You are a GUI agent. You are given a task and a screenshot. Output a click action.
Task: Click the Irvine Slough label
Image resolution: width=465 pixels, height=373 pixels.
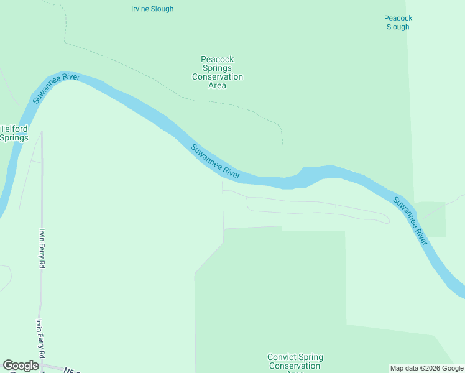152,9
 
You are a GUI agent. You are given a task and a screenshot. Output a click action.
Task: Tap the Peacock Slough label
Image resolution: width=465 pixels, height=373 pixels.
398,22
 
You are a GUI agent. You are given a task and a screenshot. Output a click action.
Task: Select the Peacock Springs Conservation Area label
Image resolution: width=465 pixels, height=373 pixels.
217,73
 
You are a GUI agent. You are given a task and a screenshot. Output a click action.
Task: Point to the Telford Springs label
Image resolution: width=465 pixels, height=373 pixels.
14,133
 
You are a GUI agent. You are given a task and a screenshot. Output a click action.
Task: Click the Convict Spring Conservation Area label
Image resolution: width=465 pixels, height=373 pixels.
295,362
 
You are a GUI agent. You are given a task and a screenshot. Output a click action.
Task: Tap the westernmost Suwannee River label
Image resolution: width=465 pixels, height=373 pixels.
57,88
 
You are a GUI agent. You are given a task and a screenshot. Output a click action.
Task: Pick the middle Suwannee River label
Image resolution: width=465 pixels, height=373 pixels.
215,162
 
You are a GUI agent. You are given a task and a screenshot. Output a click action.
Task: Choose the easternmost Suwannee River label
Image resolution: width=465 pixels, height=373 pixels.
410,221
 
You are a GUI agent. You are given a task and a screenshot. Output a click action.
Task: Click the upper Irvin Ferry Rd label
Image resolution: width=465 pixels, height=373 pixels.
42,248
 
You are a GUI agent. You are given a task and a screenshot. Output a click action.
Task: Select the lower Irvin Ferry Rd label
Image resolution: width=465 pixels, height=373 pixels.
41,338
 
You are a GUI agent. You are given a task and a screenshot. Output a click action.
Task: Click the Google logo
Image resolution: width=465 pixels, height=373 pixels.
21,366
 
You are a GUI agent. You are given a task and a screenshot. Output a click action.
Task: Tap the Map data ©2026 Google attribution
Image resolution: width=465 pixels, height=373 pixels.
426,368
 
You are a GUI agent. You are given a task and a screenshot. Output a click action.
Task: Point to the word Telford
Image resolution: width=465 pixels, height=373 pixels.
14,129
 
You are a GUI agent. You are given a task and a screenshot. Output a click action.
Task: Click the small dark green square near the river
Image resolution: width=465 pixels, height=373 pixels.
430,219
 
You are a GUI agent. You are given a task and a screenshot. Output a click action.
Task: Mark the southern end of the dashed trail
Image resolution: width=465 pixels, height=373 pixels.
283,148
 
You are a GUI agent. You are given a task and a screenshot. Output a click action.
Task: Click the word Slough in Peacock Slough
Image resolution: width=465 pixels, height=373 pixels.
398,27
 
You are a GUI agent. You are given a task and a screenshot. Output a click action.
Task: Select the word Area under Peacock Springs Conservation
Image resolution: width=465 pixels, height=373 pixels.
217,86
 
